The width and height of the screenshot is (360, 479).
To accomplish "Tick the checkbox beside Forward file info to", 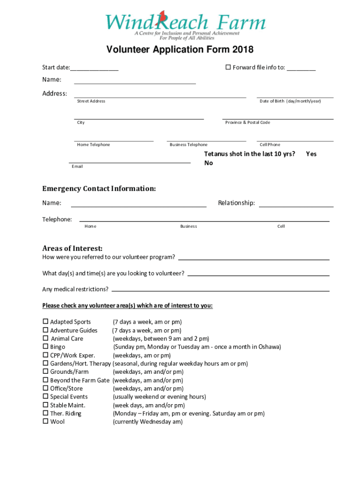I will (x=228, y=67).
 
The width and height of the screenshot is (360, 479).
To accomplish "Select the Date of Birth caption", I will (x=290, y=101).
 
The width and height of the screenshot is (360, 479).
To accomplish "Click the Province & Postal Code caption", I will (x=247, y=123).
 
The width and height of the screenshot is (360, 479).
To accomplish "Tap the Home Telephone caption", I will (x=94, y=145).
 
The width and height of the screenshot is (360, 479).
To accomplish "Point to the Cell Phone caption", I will (x=270, y=145).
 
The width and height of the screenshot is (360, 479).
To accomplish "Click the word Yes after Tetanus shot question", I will (x=311, y=154).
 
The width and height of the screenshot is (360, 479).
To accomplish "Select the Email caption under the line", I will (x=77, y=167).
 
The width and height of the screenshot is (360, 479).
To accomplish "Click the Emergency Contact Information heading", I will (x=99, y=189).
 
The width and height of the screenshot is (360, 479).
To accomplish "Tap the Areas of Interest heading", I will (x=72, y=248).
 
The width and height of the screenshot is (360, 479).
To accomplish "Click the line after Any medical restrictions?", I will (x=220, y=290).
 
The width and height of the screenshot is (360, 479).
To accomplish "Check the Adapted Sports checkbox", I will (x=45, y=322).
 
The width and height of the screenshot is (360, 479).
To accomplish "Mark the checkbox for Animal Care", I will (x=45, y=338).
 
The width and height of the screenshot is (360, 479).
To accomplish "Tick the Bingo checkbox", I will (x=45, y=347).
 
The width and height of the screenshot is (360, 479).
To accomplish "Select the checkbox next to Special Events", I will (x=45, y=397).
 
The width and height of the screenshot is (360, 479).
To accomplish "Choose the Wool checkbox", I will (x=45, y=421).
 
